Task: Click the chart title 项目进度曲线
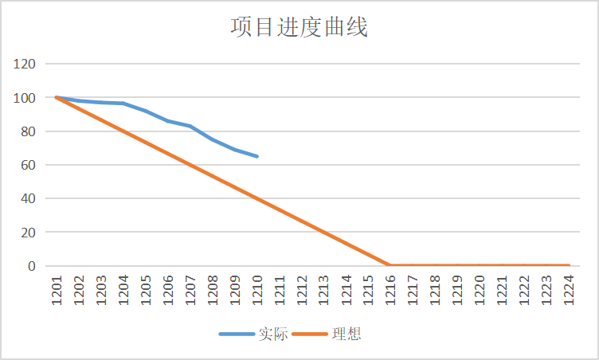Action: click(299, 28)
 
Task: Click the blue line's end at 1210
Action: click(257, 156)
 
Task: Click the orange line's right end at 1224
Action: click(569, 265)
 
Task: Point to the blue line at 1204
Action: click(123, 104)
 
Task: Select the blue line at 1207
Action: click(190, 126)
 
